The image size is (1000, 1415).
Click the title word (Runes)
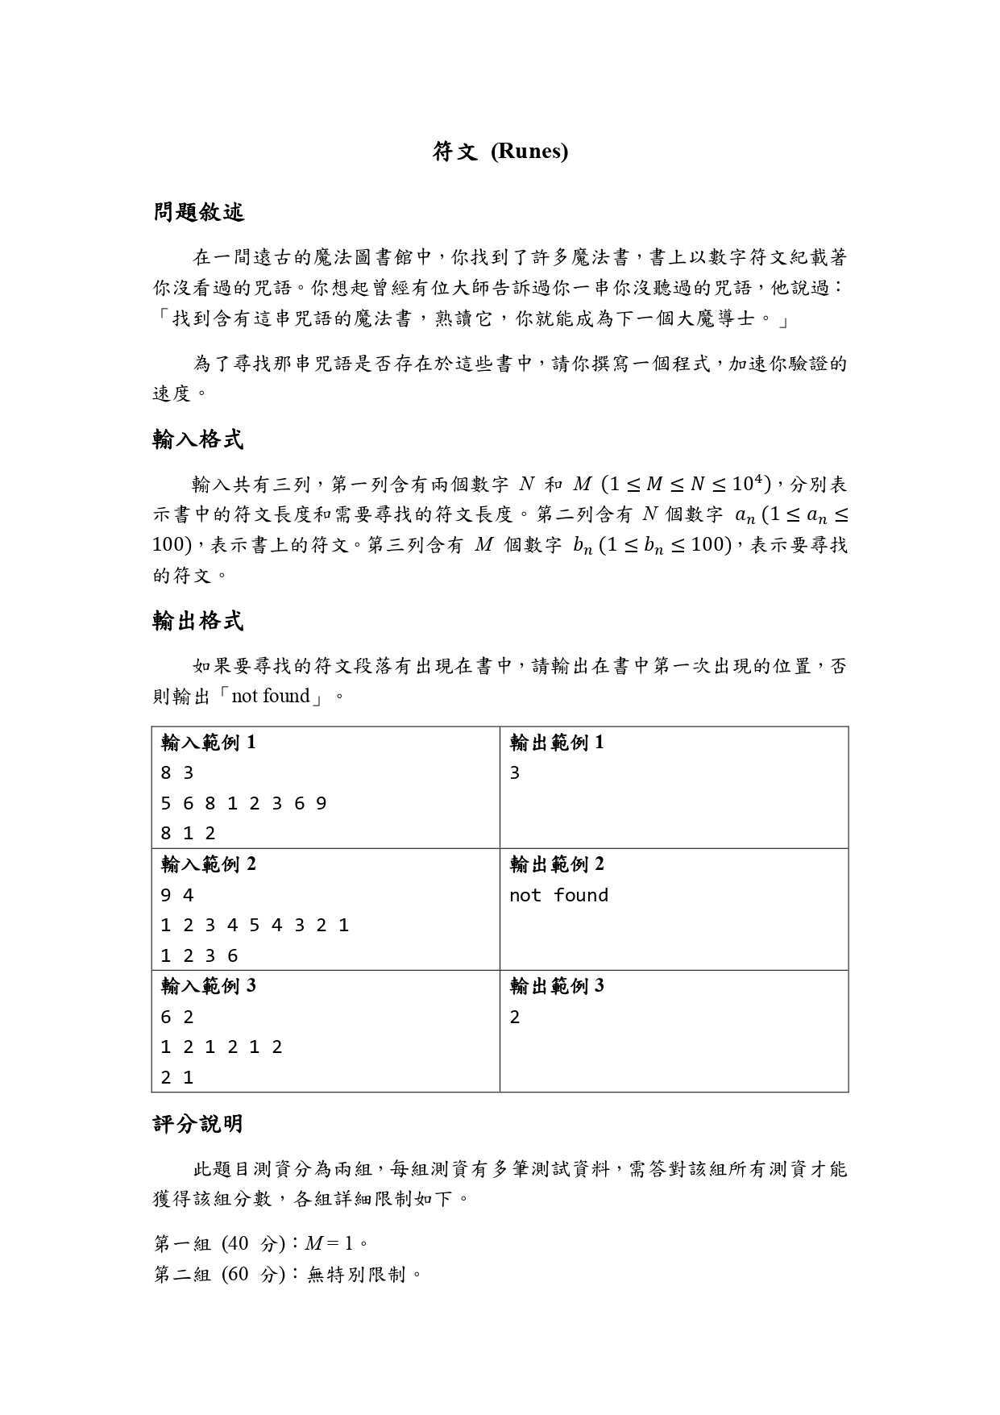click(x=529, y=152)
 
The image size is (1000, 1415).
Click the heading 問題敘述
click(x=198, y=213)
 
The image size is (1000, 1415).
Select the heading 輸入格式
click(x=198, y=439)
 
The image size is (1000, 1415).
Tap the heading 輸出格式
click(x=198, y=621)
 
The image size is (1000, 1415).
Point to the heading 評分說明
click(x=198, y=1124)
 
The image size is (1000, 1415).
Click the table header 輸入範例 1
click(x=209, y=743)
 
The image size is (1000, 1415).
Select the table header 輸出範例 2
click(x=557, y=864)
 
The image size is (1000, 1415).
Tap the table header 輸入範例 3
click(x=209, y=986)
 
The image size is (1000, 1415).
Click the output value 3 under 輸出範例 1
click(x=515, y=773)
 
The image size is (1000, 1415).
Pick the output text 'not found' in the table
click(x=558, y=895)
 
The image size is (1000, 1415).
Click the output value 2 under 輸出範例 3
click(x=515, y=1017)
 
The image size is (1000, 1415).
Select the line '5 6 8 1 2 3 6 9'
click(x=243, y=804)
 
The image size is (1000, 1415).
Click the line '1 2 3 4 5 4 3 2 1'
click(x=255, y=926)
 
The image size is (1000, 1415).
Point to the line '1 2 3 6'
click(x=199, y=956)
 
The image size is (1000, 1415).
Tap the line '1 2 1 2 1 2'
click(x=222, y=1047)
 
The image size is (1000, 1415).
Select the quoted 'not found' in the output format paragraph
click(x=270, y=696)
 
